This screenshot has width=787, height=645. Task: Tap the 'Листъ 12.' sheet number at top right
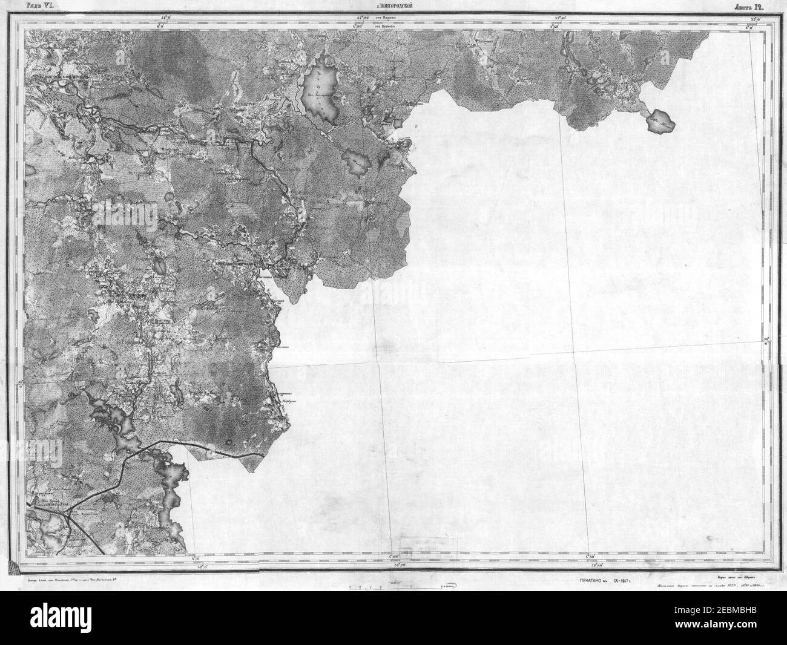751,7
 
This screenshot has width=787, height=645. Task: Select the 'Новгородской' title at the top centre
393,7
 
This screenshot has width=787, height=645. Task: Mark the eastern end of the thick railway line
262,454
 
